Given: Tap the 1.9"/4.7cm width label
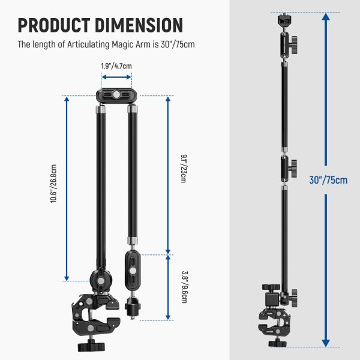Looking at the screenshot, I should tap(117, 67).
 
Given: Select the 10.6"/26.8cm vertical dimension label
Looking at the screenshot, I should tap(53, 188).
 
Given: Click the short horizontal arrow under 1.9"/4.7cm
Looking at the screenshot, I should tap(117, 77).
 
